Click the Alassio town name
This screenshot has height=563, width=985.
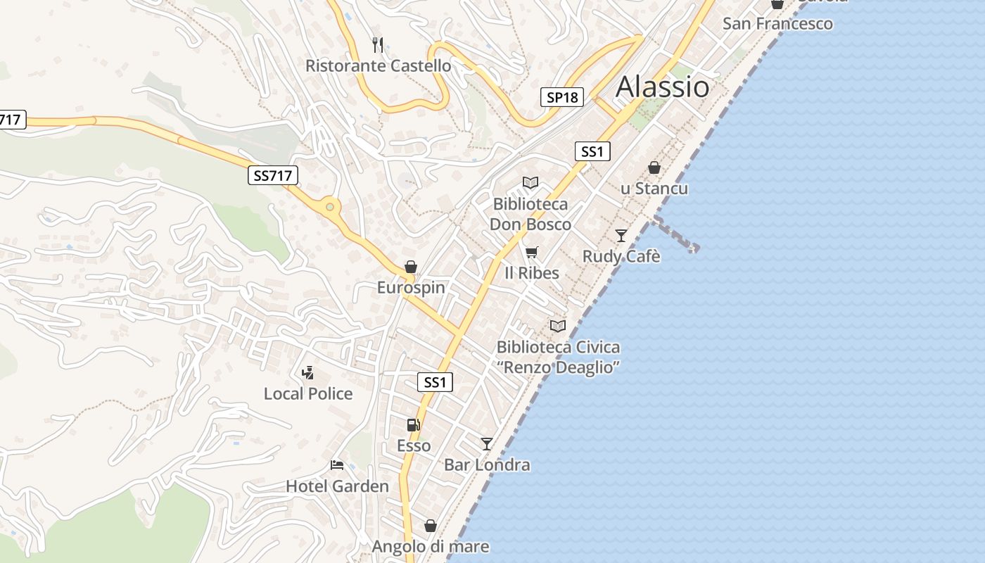pos(662,87)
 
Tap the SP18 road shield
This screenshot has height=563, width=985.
pos(562,97)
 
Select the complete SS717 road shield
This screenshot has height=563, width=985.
pos(273,175)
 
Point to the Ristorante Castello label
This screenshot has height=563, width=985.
pos(378,65)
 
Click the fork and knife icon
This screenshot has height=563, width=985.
pos(378,45)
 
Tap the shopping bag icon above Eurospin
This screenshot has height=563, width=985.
pos(411,267)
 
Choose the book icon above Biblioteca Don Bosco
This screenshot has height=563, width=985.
pos(530,183)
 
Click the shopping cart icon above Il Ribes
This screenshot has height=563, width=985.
pos(532,252)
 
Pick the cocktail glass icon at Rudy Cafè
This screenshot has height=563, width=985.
pos(621,235)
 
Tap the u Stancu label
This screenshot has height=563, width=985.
pos(654,189)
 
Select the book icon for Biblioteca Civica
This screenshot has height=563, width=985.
pos(558,326)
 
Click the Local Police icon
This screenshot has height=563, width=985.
pos(307,373)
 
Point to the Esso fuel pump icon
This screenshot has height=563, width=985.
pos(413,425)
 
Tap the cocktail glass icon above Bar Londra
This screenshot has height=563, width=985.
pos(486,443)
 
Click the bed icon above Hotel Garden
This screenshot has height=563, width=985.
pos(337,465)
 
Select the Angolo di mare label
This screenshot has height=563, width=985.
pos(430,546)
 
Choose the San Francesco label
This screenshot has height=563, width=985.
pos(777,23)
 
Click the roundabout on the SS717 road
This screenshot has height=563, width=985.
pos(329,207)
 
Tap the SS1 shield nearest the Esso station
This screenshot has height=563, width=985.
pos(436,382)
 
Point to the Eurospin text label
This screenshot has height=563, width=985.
pos(411,287)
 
